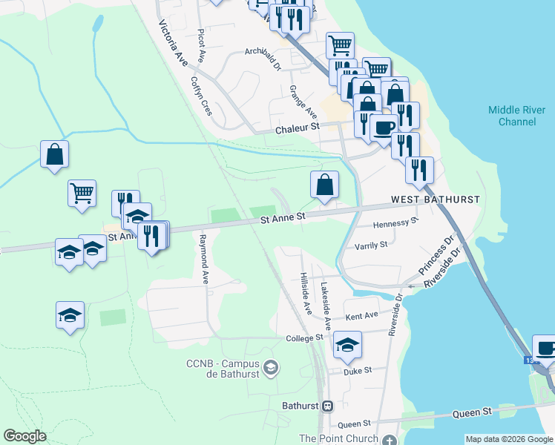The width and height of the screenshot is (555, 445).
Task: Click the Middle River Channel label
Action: pos(517,116)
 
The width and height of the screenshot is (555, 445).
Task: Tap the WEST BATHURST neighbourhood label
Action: pos(436,200)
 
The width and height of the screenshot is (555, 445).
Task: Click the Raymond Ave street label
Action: pos(204,259)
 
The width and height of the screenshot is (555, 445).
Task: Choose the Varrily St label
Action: pos(371,245)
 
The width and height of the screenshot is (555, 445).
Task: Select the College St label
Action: pos(306,337)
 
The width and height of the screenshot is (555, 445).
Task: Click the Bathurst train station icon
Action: pos(327,406)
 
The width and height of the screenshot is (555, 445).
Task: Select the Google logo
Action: pos(25,436)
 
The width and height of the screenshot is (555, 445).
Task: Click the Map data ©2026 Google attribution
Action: pos(510,439)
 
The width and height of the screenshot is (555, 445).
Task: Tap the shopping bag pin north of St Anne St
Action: pos(324,185)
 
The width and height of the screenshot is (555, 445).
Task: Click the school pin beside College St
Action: pos(347,344)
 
